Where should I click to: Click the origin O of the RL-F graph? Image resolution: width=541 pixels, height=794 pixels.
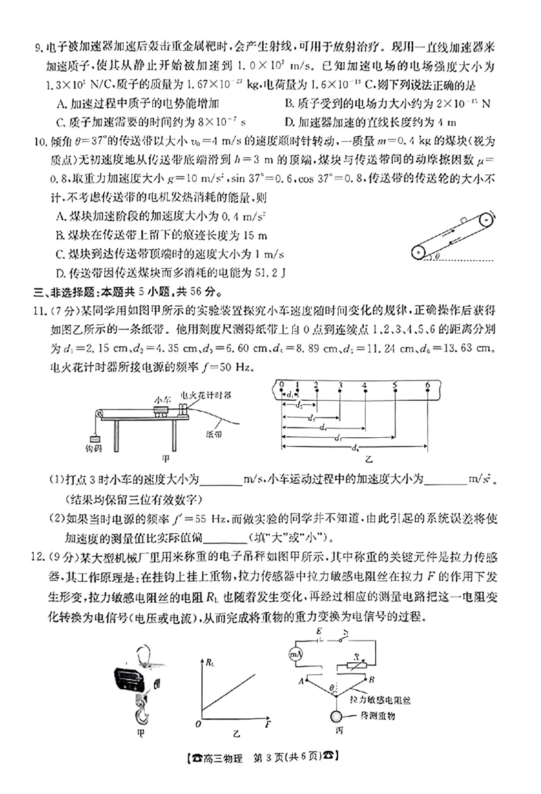(199, 724)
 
